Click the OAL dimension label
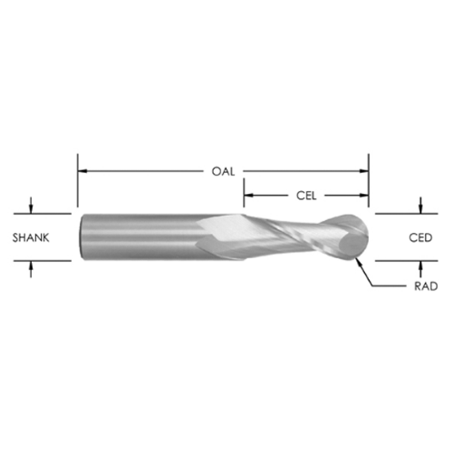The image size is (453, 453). tap(223, 171)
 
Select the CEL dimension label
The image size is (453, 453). tap(306, 196)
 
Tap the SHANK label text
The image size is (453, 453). tap(31, 237)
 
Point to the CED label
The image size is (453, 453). tap(420, 237)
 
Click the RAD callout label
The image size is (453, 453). tap(426, 286)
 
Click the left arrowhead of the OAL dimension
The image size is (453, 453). tap(82, 171)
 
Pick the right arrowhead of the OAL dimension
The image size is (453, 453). tap(363, 171)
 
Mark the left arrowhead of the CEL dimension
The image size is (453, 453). tap(248, 196)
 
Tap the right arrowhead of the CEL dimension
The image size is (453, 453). tap(363, 196)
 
